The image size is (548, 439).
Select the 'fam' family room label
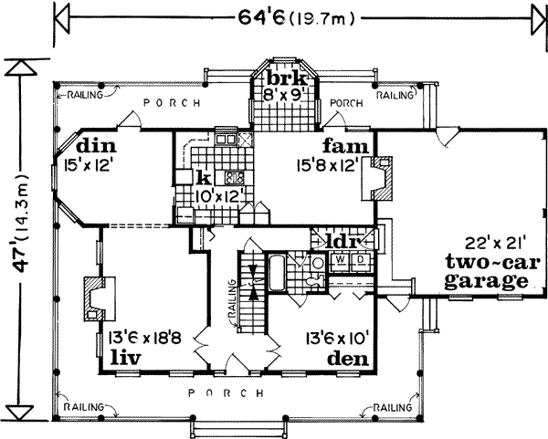(338, 146)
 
